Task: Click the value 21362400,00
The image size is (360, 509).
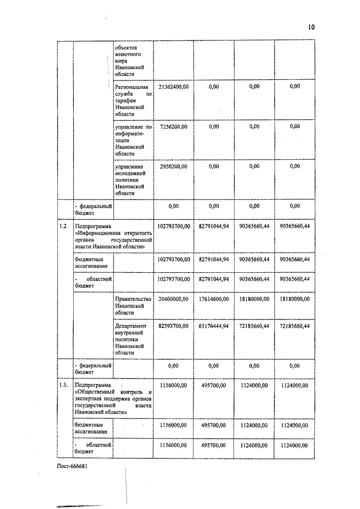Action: [173, 87]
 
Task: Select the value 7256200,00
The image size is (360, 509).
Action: [173, 127]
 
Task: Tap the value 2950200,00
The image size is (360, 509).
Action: [173, 166]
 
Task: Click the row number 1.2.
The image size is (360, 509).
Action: [64, 226]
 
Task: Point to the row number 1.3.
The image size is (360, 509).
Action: [64, 385]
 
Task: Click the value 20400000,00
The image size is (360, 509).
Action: [173, 299]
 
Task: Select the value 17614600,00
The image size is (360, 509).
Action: [214, 299]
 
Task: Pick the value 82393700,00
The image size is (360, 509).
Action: [173, 326]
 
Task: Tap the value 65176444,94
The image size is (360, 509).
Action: [214, 326]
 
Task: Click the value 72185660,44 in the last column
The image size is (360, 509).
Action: [295, 326]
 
